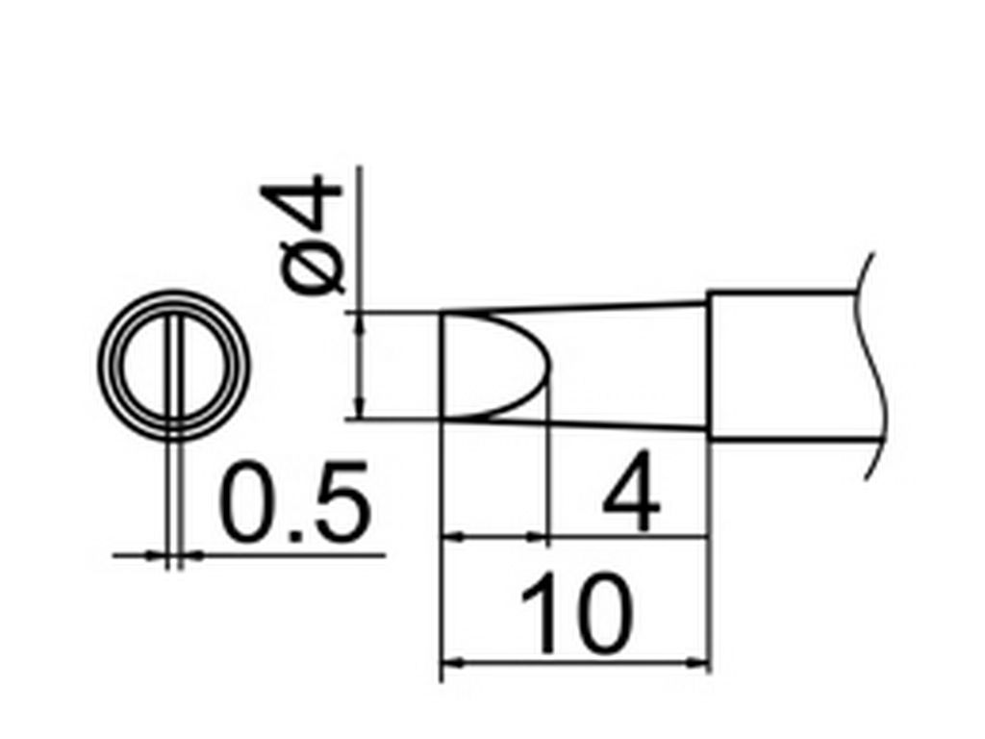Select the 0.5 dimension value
(294, 502)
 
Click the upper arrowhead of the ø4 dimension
(360, 321)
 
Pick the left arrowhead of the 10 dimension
(452, 662)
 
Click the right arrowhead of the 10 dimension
(699, 662)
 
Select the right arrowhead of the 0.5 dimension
(194, 555)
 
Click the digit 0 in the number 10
(601, 613)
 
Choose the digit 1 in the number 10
(540, 613)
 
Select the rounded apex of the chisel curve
(550, 366)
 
